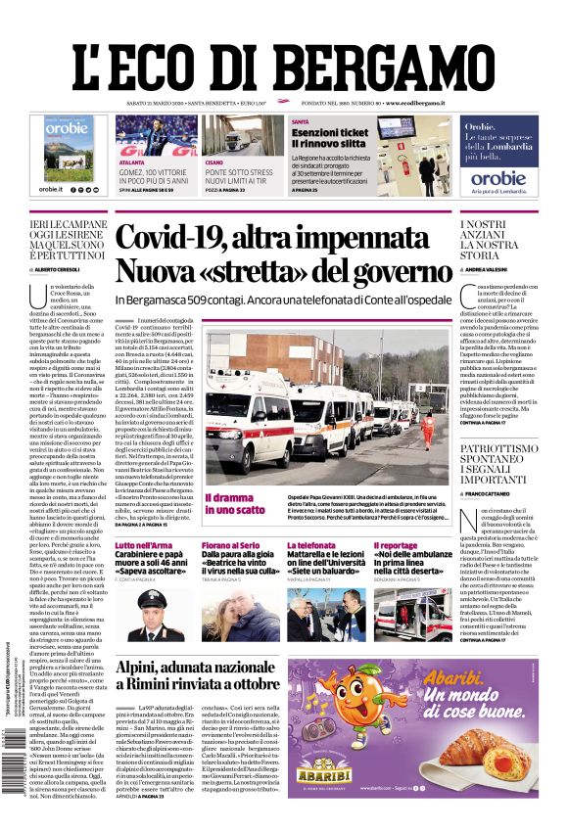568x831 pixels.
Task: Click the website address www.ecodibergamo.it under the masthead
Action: pos(415,103)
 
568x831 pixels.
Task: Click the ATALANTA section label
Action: pos(131,162)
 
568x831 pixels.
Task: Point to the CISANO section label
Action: pos(214,162)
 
